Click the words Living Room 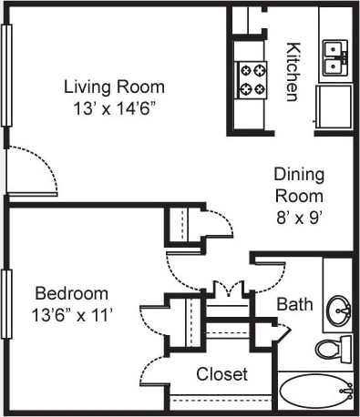pos(114,87)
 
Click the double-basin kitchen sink pos(335,56)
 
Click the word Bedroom pos(72,294)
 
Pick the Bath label pos(294,304)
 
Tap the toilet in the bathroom pos(334,348)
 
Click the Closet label pos(222,374)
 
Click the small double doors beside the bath pos(222,289)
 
